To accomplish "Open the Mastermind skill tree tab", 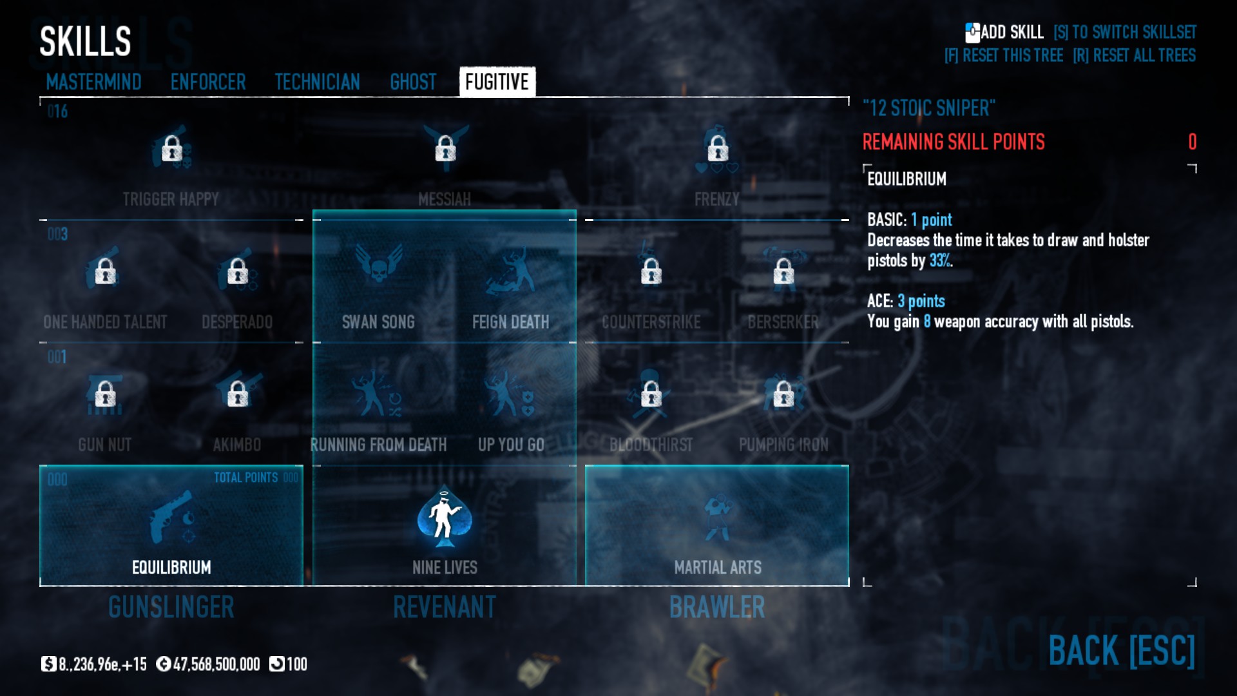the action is click(93, 82).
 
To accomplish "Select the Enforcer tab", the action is click(208, 82).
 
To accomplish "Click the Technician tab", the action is click(317, 82).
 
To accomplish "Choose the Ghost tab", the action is click(413, 82).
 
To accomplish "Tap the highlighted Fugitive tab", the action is click(497, 82).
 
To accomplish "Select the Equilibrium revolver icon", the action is click(171, 517).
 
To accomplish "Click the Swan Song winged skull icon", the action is click(379, 264).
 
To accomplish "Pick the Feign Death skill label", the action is click(510, 322).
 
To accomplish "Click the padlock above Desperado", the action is click(238, 271).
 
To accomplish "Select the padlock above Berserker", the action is click(783, 271).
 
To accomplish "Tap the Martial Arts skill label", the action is click(718, 567).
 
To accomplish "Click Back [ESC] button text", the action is click(1121, 651).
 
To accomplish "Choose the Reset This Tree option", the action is click(1004, 55).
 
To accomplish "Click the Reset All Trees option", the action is click(1134, 55).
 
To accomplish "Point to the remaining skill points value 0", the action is click(1192, 142).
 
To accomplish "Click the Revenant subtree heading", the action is click(445, 607).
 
